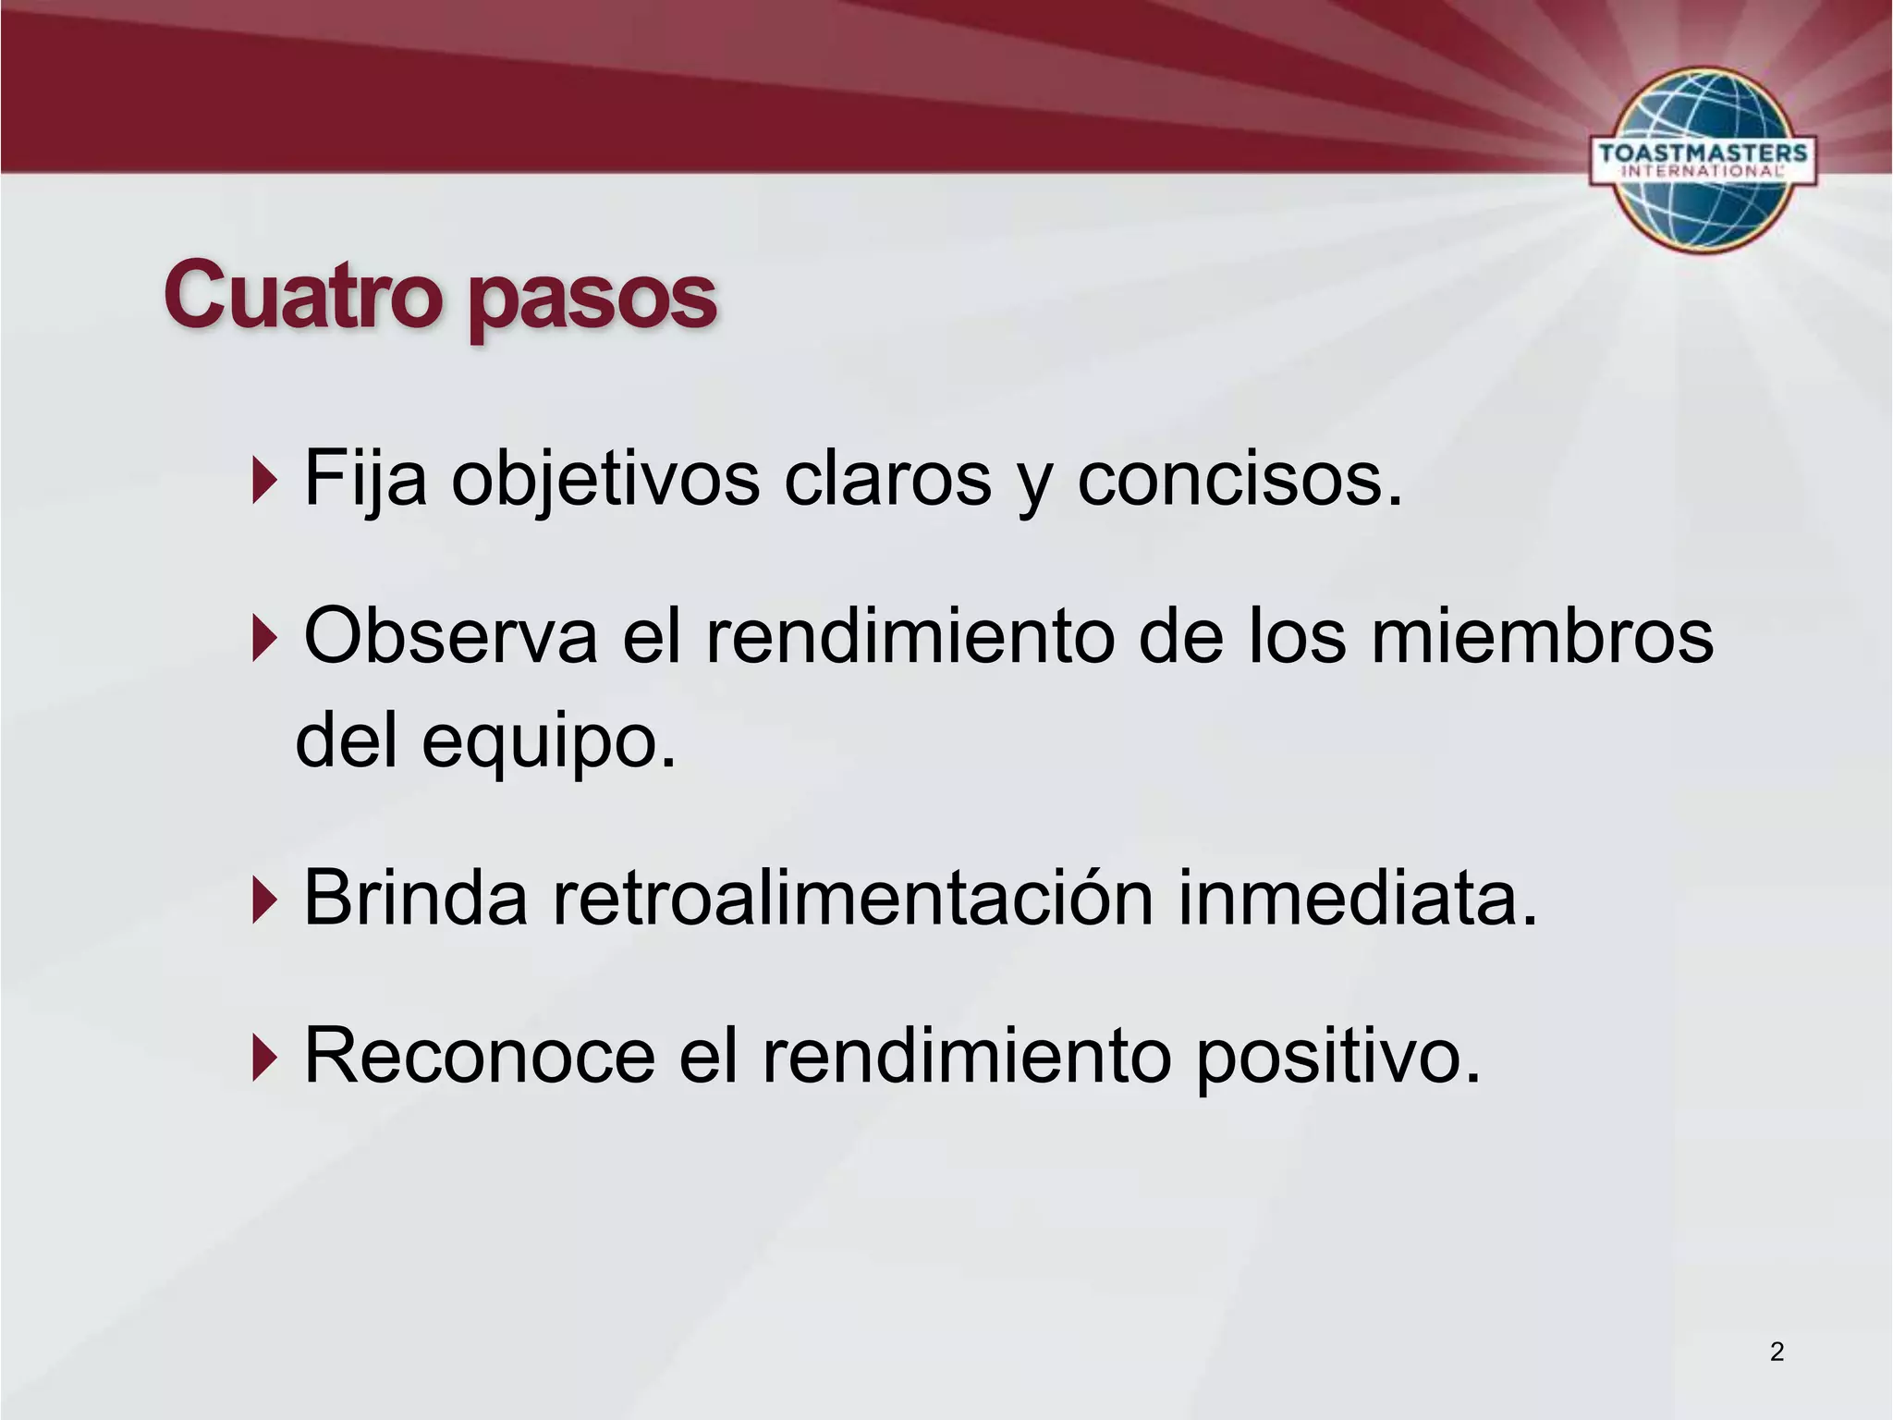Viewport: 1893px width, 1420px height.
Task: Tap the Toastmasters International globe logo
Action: [x=1703, y=159]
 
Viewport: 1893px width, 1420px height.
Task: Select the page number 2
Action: [x=1777, y=1352]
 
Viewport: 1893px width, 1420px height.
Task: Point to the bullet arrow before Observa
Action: [x=264, y=639]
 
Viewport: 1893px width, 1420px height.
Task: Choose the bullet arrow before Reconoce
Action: [x=264, y=1058]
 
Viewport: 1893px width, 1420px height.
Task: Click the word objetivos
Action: [x=605, y=481]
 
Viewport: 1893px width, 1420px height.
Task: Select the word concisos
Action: [x=1240, y=481]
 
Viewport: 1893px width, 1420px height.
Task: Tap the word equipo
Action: [x=548, y=744]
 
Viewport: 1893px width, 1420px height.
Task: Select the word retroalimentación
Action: [x=853, y=898]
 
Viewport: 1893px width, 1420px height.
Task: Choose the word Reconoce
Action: [x=479, y=1056]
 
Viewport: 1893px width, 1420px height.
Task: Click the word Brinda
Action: [x=415, y=898]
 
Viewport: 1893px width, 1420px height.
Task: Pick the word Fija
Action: [x=365, y=481]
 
